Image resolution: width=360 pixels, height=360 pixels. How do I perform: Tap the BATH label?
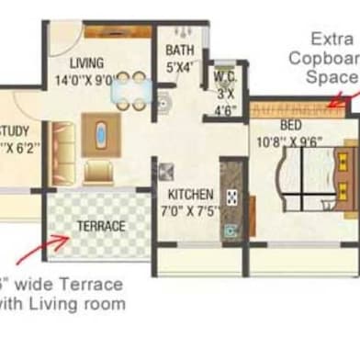(x=180, y=50)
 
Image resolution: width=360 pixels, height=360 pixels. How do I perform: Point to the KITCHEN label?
(x=191, y=195)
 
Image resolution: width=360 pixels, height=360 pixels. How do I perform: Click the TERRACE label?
(x=101, y=225)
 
